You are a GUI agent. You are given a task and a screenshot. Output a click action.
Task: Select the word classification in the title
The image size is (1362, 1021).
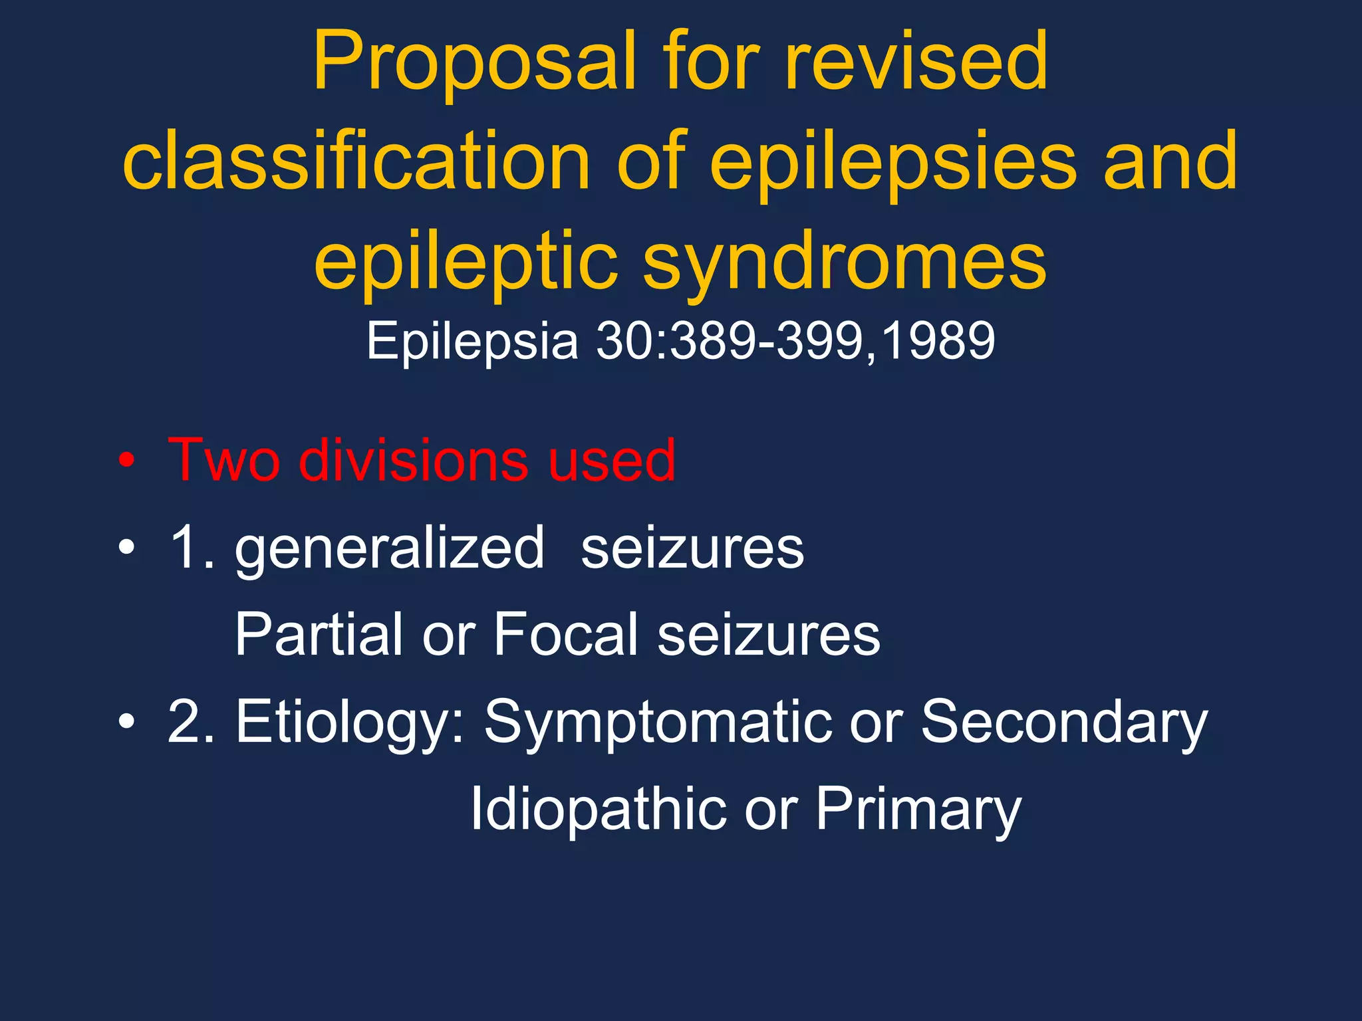click(356, 161)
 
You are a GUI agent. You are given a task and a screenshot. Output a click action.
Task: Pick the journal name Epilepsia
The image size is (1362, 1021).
click(472, 341)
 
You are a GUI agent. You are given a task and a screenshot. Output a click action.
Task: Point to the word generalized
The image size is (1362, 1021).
click(390, 549)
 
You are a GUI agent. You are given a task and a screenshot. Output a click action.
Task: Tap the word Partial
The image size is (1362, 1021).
click(319, 635)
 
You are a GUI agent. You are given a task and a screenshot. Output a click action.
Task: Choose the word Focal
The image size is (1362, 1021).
click(565, 635)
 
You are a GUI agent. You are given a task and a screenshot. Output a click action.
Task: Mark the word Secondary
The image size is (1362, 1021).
click(1064, 723)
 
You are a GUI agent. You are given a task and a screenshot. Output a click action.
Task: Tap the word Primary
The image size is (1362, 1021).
click(918, 810)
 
